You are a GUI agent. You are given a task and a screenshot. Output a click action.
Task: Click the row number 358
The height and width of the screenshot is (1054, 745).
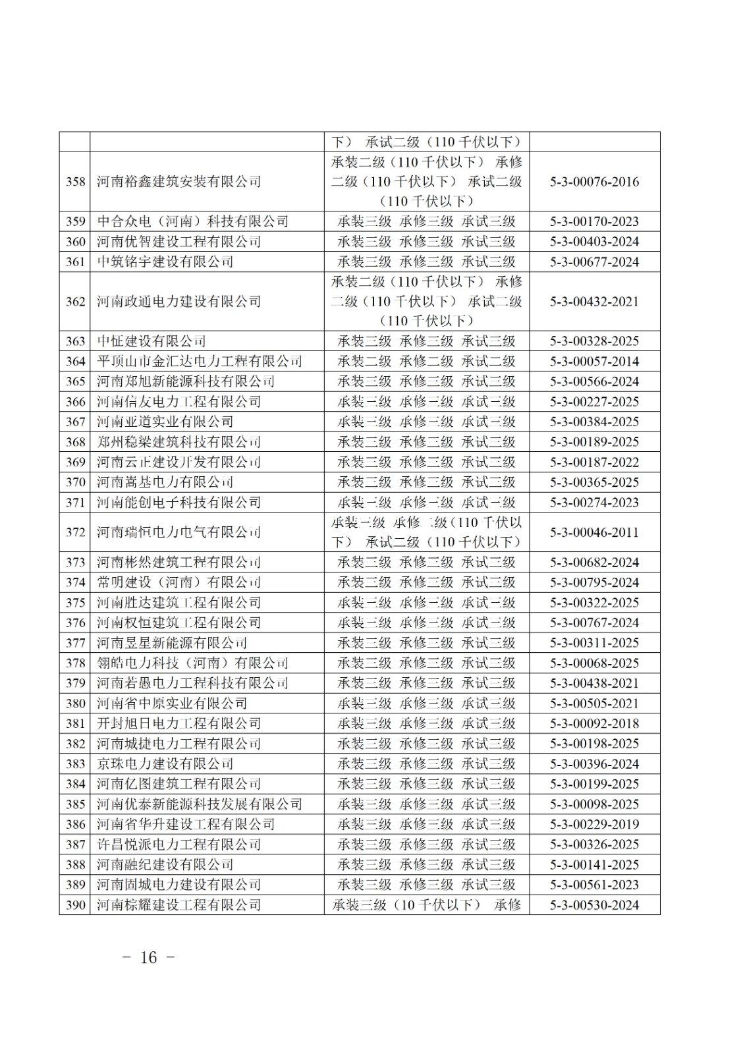(75, 182)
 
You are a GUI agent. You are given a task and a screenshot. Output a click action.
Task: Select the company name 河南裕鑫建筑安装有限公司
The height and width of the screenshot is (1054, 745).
(179, 182)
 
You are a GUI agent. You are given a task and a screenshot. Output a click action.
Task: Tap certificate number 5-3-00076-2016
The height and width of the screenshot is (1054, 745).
(594, 182)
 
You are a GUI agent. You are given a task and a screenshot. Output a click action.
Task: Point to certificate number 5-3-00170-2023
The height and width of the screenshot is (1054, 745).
(594, 221)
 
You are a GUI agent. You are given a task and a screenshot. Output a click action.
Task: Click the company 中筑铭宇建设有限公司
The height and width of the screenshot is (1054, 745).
(165, 262)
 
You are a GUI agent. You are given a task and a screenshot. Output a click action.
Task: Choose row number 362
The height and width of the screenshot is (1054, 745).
(75, 301)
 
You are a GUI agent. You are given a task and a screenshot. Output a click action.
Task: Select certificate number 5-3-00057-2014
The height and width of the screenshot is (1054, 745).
(594, 361)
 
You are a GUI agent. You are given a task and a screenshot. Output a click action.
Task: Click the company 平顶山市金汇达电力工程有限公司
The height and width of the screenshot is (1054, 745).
(200, 361)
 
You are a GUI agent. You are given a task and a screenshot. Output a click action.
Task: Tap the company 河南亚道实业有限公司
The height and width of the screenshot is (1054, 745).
(165, 422)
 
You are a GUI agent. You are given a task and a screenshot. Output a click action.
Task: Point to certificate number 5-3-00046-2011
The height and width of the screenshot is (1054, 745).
(594, 532)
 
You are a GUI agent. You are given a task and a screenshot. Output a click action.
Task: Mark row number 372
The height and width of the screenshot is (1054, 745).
(75, 532)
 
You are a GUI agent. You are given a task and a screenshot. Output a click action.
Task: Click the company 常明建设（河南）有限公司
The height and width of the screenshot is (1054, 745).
(179, 582)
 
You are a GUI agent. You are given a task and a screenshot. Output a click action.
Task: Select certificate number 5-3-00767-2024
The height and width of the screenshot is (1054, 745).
(594, 623)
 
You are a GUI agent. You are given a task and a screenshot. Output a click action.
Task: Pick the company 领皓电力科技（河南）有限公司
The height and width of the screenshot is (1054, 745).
(192, 663)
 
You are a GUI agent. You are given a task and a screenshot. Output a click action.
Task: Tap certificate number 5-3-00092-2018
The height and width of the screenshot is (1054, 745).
(594, 723)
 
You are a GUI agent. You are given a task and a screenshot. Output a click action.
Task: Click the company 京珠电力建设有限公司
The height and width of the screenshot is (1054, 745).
(165, 763)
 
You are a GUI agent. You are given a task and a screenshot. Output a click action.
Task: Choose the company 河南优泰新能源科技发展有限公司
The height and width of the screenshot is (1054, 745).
(200, 804)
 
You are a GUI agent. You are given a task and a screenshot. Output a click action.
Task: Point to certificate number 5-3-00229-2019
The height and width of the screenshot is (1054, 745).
(594, 824)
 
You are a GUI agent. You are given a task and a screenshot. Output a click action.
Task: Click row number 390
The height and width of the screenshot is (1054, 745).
(75, 905)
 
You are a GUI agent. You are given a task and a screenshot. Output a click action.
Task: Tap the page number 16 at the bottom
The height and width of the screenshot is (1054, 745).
(149, 957)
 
